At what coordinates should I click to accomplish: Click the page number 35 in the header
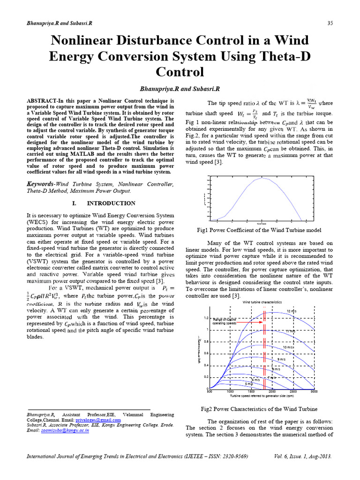tap(330, 23)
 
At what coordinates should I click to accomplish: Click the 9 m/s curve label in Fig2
tap(282, 359)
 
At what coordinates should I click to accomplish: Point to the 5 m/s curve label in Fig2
tap(248, 383)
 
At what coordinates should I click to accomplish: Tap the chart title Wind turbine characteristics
tap(262, 302)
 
